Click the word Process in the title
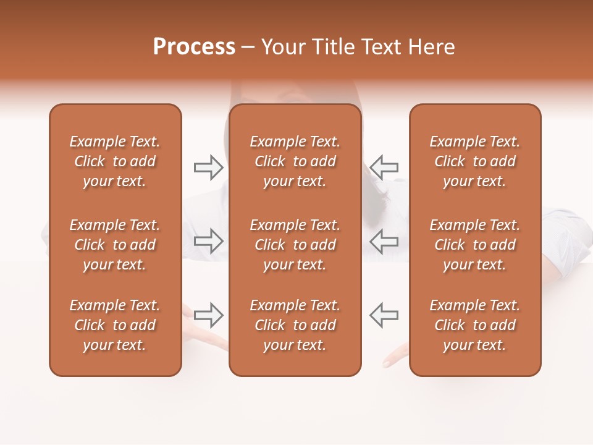194,47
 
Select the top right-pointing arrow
209,167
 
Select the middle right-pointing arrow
209,241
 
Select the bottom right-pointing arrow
209,315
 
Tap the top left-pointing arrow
384,167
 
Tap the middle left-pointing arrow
384,241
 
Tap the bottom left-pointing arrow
384,315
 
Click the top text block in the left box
115,161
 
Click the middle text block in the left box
115,245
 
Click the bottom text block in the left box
115,325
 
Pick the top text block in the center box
295,161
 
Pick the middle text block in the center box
295,245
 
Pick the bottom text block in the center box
295,325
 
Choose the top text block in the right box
474,161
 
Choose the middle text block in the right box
474,245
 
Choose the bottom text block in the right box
474,325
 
